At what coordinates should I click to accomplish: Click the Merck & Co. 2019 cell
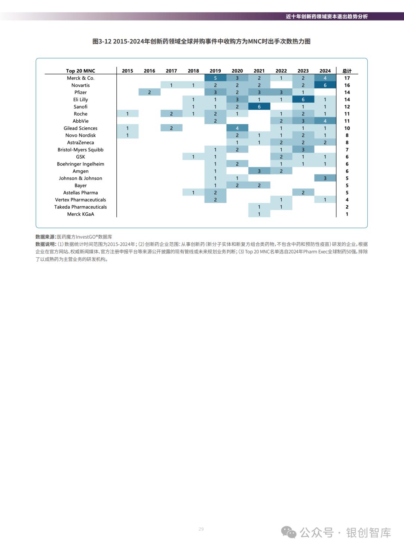click(215, 78)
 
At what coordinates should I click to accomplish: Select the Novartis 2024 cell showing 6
click(325, 85)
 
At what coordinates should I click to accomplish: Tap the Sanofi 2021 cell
click(259, 107)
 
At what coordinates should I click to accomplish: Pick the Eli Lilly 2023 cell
click(303, 100)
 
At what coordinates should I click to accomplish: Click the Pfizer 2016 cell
click(149, 92)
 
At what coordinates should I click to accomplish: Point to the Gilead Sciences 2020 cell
click(237, 128)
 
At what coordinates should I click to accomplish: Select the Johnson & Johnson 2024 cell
click(325, 178)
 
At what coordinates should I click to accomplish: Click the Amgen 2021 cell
click(259, 171)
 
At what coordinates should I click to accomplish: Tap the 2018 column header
click(193, 71)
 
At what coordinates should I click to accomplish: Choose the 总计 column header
click(347, 71)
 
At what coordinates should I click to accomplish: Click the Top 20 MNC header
click(80, 71)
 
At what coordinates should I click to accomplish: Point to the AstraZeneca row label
click(80, 143)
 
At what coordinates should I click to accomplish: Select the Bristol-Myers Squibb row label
click(80, 150)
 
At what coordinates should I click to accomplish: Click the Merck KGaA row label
click(80, 214)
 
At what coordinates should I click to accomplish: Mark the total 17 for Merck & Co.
click(347, 78)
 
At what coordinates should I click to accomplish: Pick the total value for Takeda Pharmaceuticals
click(347, 207)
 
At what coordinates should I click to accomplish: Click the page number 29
click(201, 529)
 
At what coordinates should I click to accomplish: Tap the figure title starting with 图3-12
click(201, 42)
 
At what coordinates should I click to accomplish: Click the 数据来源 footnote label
click(45, 237)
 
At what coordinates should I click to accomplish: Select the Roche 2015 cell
click(127, 114)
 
